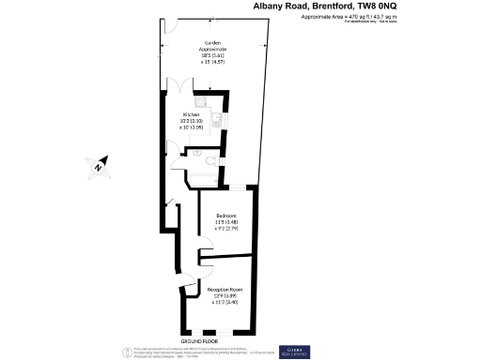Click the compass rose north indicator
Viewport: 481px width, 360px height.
[97, 168]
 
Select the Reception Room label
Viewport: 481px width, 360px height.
[226, 290]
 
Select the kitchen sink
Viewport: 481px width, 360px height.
[216, 119]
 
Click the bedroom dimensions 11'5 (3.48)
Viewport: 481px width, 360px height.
[226, 220]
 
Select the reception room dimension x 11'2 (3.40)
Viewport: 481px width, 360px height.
[226, 302]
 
